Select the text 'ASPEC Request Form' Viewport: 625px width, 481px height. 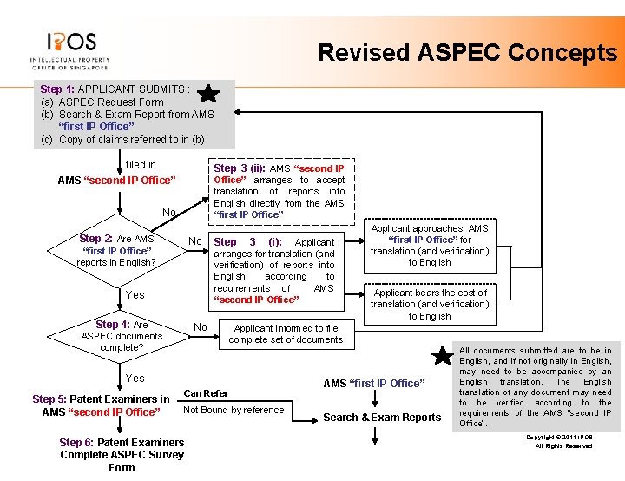coord(110,102)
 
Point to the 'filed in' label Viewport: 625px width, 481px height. coord(141,164)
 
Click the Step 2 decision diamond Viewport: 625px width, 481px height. coord(116,250)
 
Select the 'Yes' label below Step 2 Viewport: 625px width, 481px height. coord(135,294)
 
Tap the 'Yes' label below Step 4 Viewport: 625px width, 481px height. coord(135,378)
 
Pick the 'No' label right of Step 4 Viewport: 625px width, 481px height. coord(200,327)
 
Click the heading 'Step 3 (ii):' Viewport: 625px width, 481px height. coord(240,168)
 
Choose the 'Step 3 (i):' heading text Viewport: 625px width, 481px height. coord(251,242)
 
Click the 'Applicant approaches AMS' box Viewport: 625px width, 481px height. coord(430,245)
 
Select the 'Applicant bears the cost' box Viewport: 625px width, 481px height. coord(430,304)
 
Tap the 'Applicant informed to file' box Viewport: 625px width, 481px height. coord(286,334)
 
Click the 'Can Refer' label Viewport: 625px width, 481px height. coord(206,393)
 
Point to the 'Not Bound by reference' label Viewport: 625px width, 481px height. coord(234,410)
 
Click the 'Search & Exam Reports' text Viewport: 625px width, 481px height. coord(382,418)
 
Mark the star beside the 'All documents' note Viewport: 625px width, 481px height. coord(444,355)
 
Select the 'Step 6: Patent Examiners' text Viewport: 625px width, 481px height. coord(122,443)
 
